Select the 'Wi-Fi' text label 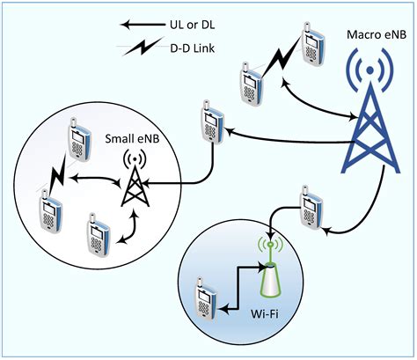[273, 313]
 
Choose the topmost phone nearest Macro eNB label [311, 42]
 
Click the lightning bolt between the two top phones [279, 61]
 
